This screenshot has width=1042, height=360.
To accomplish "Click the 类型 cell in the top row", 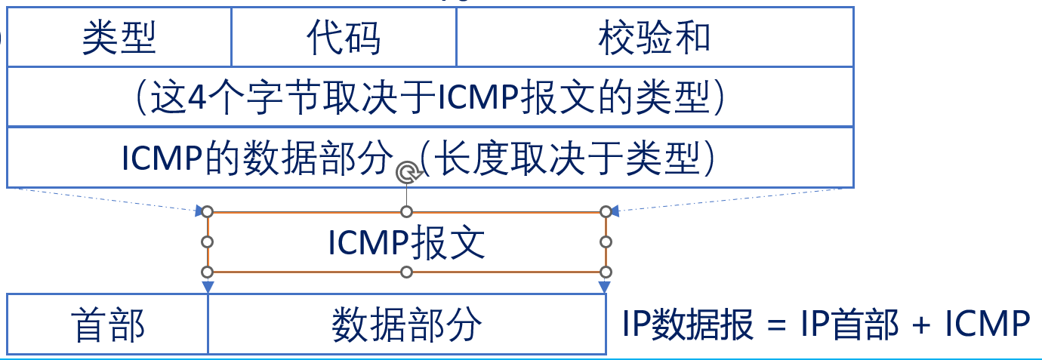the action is pyautogui.click(x=119, y=38).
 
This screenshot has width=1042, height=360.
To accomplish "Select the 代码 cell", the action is pyautogui.click(x=344, y=38).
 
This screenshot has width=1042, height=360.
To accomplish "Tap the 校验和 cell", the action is pyautogui.click(x=654, y=38).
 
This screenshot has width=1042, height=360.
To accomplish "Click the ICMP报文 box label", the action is pyautogui.click(x=406, y=242).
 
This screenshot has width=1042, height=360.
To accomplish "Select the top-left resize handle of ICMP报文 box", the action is pyautogui.click(x=208, y=212).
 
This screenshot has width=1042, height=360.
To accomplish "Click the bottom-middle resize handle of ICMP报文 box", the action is pyautogui.click(x=406, y=272).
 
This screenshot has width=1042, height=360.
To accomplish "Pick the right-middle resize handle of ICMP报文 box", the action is pyautogui.click(x=605, y=242).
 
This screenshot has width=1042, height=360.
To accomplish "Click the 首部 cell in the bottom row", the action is pyautogui.click(x=107, y=325).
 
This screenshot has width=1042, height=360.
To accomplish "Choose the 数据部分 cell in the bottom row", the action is pyautogui.click(x=406, y=325).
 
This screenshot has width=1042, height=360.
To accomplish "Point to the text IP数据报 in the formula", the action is pyautogui.click(x=688, y=325).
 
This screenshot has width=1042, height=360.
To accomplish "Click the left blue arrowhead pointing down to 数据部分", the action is pyautogui.click(x=208, y=287).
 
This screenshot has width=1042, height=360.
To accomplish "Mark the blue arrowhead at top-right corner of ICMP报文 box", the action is pyautogui.click(x=615, y=212).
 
